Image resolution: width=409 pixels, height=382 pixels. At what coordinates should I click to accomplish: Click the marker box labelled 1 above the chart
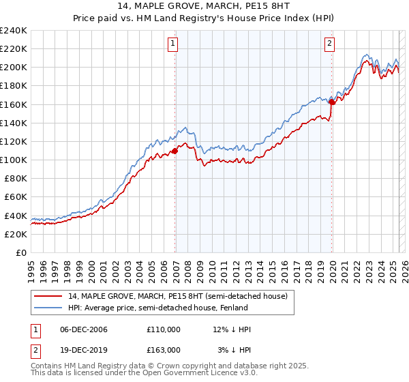coord(173,44)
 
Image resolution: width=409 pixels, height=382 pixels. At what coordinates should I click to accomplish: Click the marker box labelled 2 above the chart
coord(329,44)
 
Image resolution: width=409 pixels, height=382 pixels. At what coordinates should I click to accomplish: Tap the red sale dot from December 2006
coord(175,151)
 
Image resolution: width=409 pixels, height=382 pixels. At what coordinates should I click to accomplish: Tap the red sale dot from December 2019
coord(331,102)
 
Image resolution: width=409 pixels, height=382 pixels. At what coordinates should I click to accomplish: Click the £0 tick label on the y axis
coord(20,252)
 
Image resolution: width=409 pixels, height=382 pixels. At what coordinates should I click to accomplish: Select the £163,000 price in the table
coord(164,350)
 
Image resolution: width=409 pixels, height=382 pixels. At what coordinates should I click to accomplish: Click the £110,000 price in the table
coord(164,329)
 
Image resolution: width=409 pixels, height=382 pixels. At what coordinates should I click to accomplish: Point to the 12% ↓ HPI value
coord(232,329)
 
